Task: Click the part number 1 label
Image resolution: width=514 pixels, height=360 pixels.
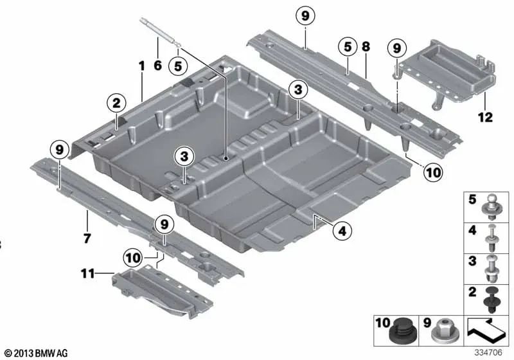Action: click(x=142, y=66)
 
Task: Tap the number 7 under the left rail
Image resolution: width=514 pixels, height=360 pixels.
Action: click(x=87, y=239)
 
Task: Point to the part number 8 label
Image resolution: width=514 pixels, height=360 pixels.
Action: click(x=366, y=47)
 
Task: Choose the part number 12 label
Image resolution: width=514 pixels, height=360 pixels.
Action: click(x=486, y=117)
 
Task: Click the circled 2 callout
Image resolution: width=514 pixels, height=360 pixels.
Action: click(x=116, y=102)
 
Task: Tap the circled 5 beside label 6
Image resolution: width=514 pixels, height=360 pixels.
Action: click(x=178, y=65)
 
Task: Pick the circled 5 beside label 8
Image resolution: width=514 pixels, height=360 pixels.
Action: click(x=347, y=46)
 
